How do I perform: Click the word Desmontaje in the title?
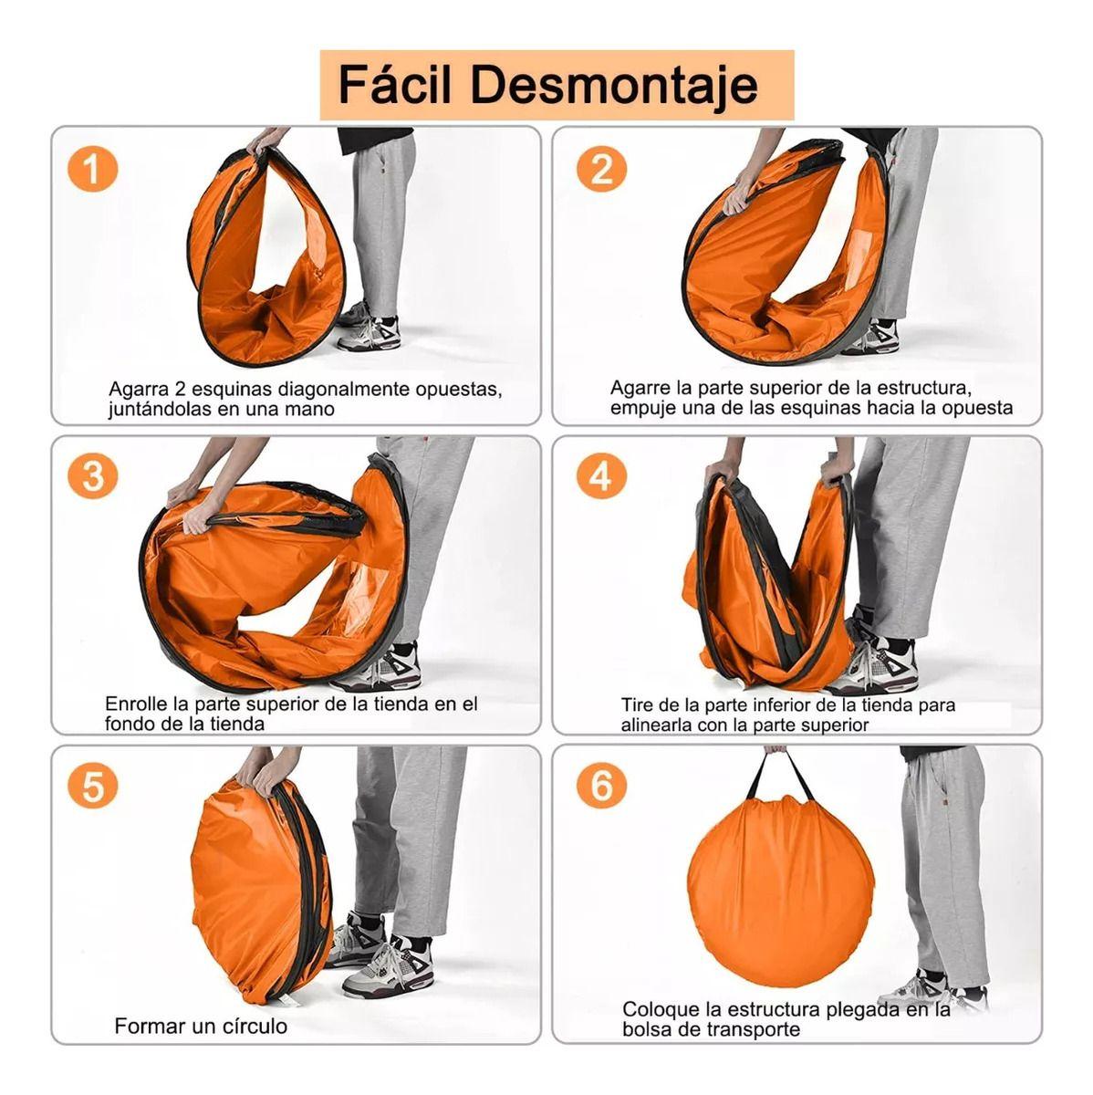pos(614,86)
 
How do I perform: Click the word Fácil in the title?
pos(395,84)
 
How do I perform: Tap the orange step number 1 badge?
pos(92,169)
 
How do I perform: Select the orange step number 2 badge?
pos(601,169)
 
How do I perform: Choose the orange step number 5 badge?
pos(92,786)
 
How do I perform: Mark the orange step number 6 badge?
pos(601,786)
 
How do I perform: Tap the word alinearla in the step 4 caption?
pos(655,725)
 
